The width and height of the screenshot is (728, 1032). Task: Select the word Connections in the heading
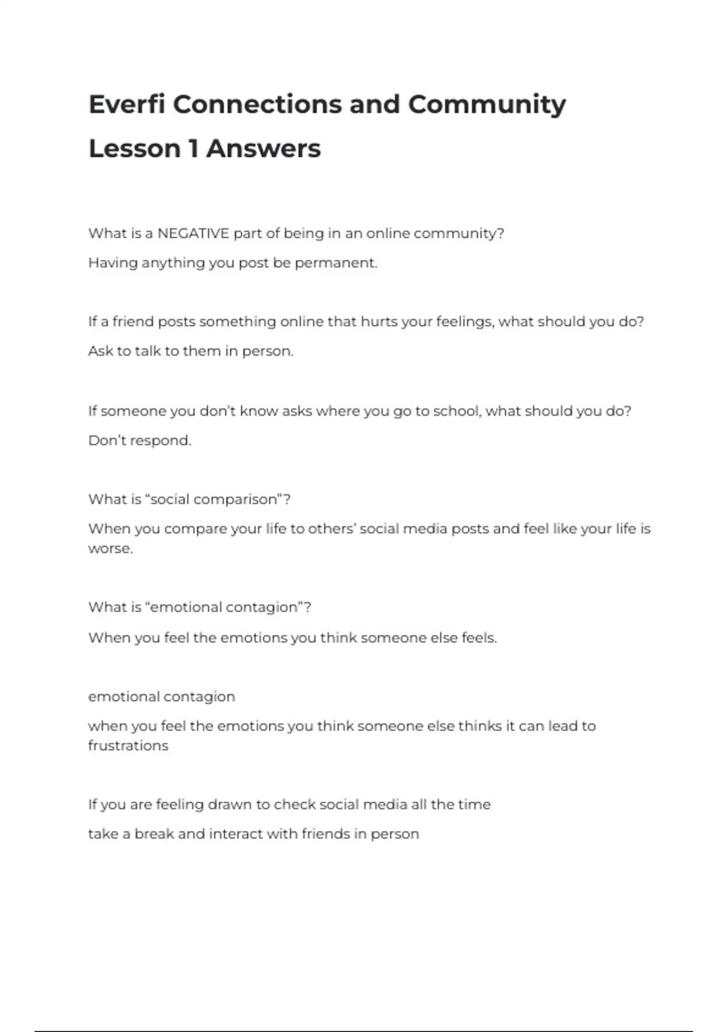pyautogui.click(x=258, y=104)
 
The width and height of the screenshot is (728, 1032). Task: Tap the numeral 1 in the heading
pyautogui.click(x=193, y=148)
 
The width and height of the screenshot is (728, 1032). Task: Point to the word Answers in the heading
pyautogui.click(x=263, y=148)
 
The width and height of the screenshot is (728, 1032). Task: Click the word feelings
pyautogui.click(x=465, y=322)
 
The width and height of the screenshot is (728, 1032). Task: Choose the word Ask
pyautogui.click(x=100, y=351)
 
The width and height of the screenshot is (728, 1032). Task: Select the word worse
pyautogui.click(x=110, y=548)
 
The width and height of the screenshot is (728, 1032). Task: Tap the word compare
pyautogui.click(x=195, y=529)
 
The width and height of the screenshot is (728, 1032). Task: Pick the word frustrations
pyautogui.click(x=128, y=745)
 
